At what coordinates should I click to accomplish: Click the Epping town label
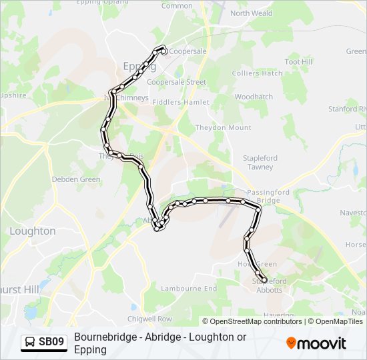coord(139,66)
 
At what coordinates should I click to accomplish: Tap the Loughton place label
coord(33,231)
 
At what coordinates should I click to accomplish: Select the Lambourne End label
coord(190,289)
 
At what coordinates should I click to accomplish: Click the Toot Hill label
coord(298,61)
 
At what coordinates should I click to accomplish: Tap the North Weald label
coord(252,13)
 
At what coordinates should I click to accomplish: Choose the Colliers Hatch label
coord(257,73)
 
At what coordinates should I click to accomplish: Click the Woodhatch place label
coord(254,97)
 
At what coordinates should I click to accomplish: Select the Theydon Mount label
coord(223,127)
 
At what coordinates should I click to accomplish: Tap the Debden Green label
coord(77,179)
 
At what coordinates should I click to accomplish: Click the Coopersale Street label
coord(176,82)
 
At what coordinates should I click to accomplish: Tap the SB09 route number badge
coord(51,342)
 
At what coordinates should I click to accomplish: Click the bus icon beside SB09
coord(30,342)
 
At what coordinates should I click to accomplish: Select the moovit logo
coord(316,343)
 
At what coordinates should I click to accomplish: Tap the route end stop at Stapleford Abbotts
coord(264,281)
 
